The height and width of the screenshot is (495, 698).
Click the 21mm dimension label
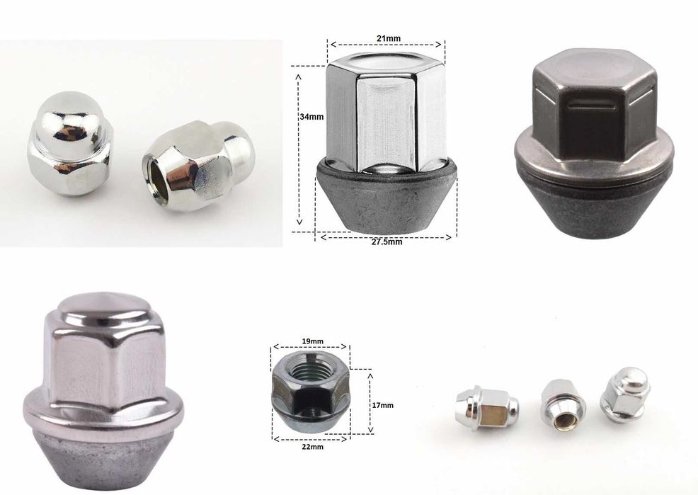pos(387,37)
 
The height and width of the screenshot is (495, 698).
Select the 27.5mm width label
pos(387,241)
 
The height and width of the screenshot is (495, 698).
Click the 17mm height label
pos(382,404)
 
